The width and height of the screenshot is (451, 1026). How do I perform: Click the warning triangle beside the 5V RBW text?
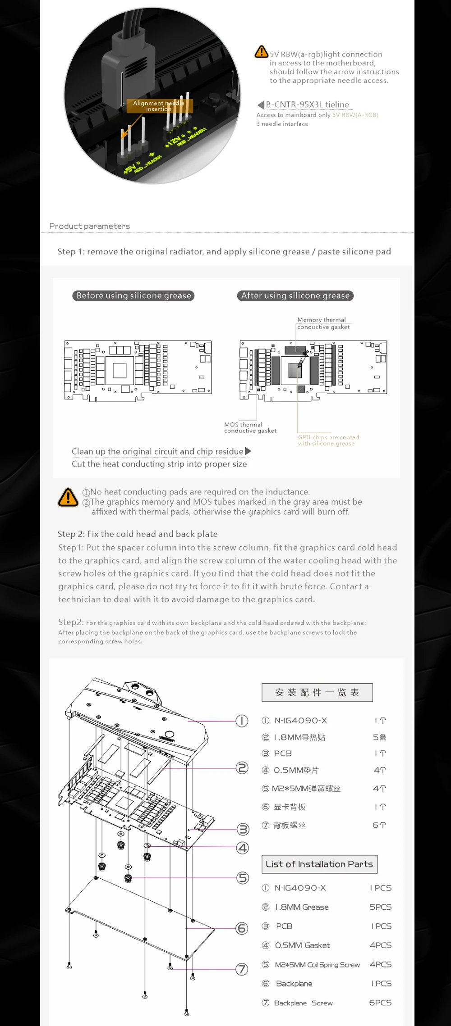pos(261,52)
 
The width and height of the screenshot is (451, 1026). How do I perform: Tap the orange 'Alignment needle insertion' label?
pos(159,106)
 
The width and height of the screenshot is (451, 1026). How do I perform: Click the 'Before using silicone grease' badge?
pos(133,295)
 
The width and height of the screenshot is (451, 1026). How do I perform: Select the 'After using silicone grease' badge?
pos(295,295)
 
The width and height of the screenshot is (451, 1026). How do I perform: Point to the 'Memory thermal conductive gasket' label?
pos(323,323)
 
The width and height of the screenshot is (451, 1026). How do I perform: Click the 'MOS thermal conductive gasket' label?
pos(250,427)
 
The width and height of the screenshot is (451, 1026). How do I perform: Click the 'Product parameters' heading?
pos(89,226)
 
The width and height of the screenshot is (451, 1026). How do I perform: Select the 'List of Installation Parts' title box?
pos(319,864)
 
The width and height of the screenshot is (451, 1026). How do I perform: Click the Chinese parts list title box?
pos(317,692)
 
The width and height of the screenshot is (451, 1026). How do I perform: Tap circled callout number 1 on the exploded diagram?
pos(242,721)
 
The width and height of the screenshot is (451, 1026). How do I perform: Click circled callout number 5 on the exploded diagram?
pos(243,878)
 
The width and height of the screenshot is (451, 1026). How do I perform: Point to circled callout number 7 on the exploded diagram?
pos(242,969)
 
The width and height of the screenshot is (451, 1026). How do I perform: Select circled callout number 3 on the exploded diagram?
pos(243,829)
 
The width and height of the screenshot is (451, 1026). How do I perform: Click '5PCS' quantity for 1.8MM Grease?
pos(380,907)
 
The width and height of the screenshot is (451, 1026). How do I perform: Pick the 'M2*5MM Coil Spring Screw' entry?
pos(317,964)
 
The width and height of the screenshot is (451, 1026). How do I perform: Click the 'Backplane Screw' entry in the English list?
pos(303,1003)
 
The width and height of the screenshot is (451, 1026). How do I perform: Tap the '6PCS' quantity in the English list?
pos(380,1003)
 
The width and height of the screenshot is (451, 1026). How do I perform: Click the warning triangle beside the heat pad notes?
pos(68,497)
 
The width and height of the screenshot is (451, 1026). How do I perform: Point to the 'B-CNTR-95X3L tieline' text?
pos(307,104)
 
